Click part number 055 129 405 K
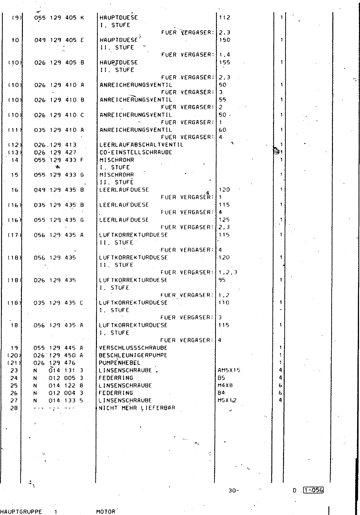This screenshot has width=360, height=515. tap(59, 18)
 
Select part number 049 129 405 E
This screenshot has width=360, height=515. tap(59, 40)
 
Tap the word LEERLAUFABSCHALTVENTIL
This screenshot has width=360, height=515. tap(141, 145)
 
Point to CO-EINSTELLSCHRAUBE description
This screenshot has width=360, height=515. tap(136, 152)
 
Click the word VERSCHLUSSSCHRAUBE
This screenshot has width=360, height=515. tap(133, 348)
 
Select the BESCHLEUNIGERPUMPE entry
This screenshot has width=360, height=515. tap(133, 355)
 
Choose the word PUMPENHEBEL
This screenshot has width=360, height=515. tap(120, 363)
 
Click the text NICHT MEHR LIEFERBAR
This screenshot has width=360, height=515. tap(137, 408)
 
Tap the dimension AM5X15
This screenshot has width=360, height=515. tap(229, 370)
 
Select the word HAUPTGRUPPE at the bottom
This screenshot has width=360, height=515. tap(21, 511)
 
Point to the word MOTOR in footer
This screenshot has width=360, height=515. tap(106, 511)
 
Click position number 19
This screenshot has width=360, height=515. tap(14, 348)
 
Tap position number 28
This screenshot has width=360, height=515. tap(14, 408)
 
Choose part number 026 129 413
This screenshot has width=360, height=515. tap(55, 145)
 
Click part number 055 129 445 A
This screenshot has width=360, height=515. tap(59, 348)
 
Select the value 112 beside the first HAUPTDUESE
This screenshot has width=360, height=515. tap(224, 18)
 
